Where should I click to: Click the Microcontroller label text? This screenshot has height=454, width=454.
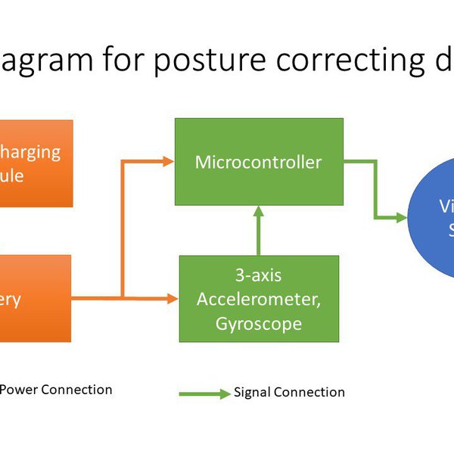coord(258,162)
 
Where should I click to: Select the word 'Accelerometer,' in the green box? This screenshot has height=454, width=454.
coord(259,300)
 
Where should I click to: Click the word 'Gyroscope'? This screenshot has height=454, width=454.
coord(259,323)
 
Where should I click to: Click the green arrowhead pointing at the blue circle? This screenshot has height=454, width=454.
coord(401,218)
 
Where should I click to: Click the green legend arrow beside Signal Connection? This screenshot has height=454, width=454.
coord(204,393)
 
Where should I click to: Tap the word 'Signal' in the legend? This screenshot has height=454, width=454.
coord(252,392)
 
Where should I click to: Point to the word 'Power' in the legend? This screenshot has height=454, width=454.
coord(17,390)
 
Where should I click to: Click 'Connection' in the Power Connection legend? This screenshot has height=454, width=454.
coord(76,390)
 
